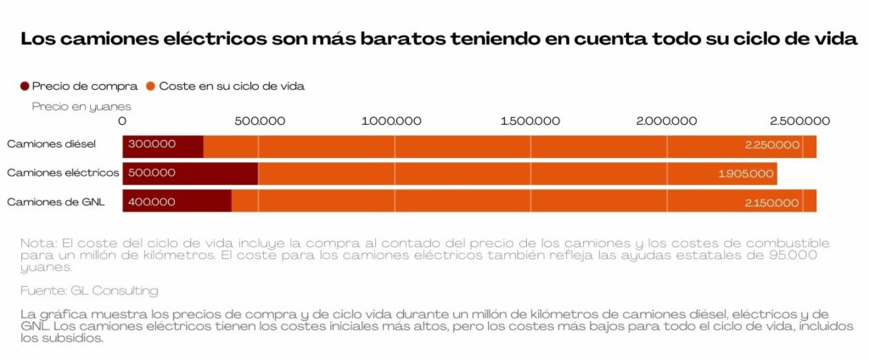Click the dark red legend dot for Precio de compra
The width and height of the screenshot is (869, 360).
(x=25, y=86)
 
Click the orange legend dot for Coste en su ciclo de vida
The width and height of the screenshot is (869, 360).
(x=151, y=86)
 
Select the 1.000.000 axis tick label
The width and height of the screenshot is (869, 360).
(x=391, y=121)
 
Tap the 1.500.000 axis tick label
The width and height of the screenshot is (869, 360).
(x=529, y=121)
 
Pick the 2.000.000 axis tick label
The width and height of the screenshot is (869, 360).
(x=665, y=121)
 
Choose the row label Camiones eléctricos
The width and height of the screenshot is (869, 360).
(x=62, y=172)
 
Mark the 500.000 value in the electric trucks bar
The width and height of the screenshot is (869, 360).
(x=152, y=173)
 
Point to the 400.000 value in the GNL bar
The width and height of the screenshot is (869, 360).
(x=152, y=202)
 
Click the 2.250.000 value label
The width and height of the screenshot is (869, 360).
(x=772, y=145)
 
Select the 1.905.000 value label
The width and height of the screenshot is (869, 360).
(x=745, y=174)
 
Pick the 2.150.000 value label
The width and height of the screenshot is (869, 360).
(x=771, y=203)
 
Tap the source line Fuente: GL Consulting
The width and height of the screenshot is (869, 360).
(x=89, y=290)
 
